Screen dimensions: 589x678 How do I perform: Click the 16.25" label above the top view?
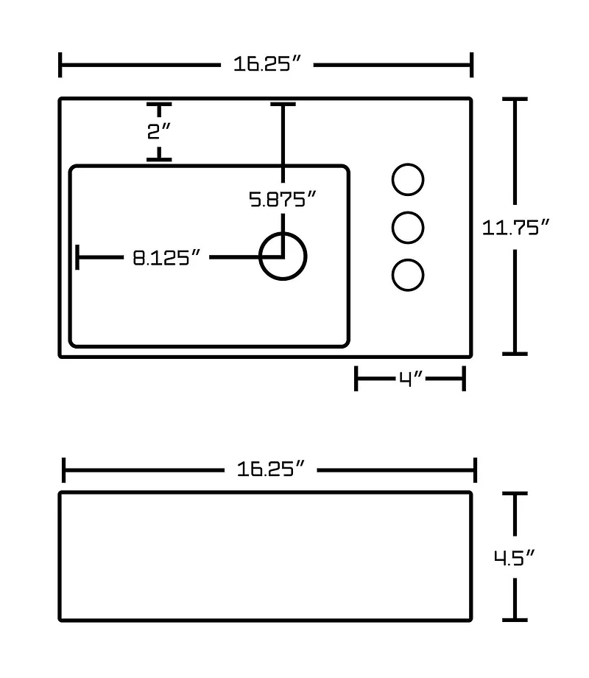(267, 64)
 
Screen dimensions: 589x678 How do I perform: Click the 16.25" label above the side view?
(270, 469)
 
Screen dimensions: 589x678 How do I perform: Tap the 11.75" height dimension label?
(515, 228)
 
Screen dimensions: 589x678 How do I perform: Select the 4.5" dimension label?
(514, 558)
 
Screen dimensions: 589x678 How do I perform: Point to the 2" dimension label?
(159, 131)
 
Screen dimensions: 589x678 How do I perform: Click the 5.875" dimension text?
(283, 199)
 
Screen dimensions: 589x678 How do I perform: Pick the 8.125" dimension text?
(166, 258)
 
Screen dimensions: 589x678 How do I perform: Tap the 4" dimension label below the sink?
(410, 379)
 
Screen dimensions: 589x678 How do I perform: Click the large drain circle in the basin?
(283, 256)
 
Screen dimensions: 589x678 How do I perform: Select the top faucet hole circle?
(408, 179)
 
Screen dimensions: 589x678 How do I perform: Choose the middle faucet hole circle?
(408, 228)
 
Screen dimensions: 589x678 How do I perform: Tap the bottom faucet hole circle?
(408, 275)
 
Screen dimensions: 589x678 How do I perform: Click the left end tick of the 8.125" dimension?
(77, 257)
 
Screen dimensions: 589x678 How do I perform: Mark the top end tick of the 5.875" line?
(283, 104)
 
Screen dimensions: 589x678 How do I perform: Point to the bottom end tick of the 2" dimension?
(159, 160)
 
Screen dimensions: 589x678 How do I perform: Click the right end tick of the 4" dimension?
(464, 379)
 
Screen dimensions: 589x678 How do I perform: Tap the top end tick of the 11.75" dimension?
(515, 99)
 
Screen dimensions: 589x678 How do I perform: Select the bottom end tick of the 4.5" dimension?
(515, 620)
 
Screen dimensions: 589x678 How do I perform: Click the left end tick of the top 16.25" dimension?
(60, 65)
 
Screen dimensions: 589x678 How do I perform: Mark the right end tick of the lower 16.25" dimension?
(476, 470)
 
